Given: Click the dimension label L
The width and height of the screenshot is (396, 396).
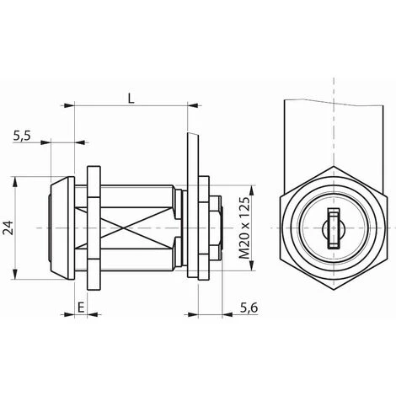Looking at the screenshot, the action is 131,99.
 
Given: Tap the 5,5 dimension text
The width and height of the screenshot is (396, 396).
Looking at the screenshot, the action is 22,136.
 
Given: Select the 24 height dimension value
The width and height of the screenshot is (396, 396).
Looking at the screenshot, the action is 8,227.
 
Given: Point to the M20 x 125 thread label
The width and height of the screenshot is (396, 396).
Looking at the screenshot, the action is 244,227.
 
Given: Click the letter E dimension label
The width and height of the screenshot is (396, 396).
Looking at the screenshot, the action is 81,308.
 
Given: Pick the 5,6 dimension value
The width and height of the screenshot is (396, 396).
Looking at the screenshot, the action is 249,308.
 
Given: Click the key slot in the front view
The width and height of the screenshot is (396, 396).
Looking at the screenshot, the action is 334,228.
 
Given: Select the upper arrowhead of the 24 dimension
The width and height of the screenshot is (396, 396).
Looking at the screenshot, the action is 15,182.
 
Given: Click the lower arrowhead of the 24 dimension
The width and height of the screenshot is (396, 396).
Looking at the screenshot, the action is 15,274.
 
